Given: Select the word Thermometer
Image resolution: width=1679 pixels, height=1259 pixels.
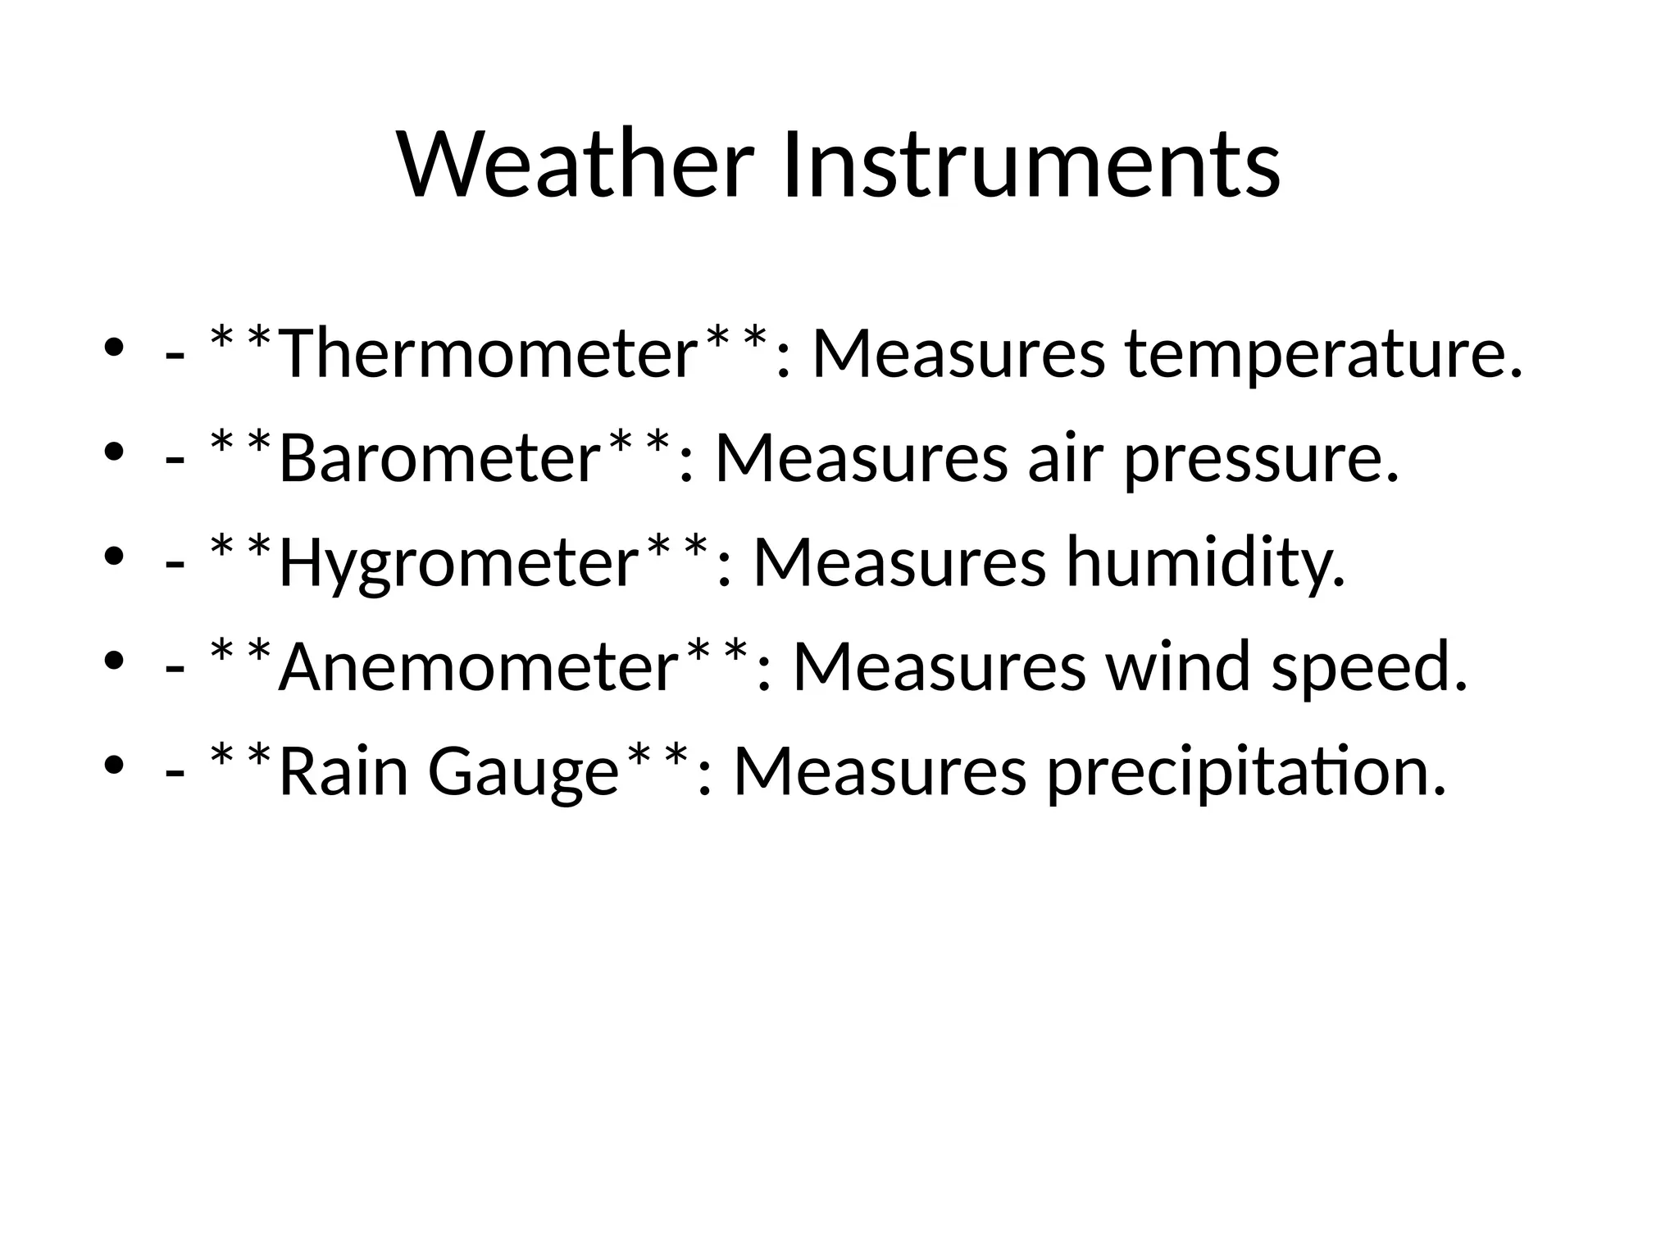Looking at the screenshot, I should [488, 354].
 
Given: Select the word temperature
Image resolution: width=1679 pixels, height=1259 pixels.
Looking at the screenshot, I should [1323, 354].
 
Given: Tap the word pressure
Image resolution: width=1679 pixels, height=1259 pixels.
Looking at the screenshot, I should [1261, 458].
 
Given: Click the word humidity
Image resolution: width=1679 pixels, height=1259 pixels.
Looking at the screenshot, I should [1205, 564].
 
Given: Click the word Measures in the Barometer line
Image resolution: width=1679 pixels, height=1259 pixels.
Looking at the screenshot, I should [861, 458].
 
